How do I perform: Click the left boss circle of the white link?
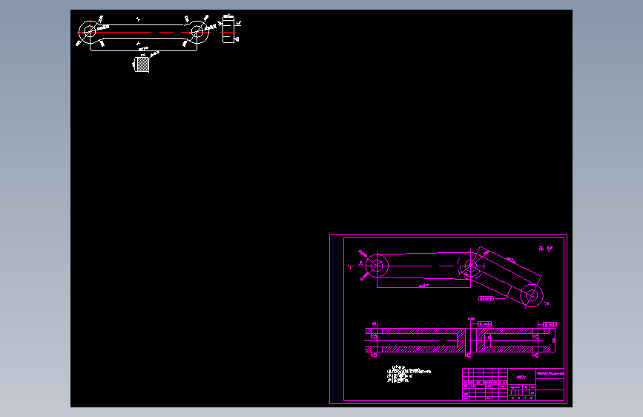click(x=90, y=31)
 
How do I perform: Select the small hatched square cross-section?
click(x=143, y=65)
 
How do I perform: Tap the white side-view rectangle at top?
click(x=228, y=30)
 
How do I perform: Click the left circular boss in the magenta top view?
click(x=377, y=265)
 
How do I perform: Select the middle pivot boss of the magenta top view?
click(x=469, y=266)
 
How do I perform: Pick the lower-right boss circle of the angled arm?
click(x=531, y=295)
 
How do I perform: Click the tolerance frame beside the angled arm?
click(x=487, y=298)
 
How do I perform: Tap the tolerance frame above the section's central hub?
click(x=486, y=324)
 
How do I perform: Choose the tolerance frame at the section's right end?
click(x=550, y=324)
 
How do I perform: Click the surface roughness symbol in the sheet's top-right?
click(x=546, y=249)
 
